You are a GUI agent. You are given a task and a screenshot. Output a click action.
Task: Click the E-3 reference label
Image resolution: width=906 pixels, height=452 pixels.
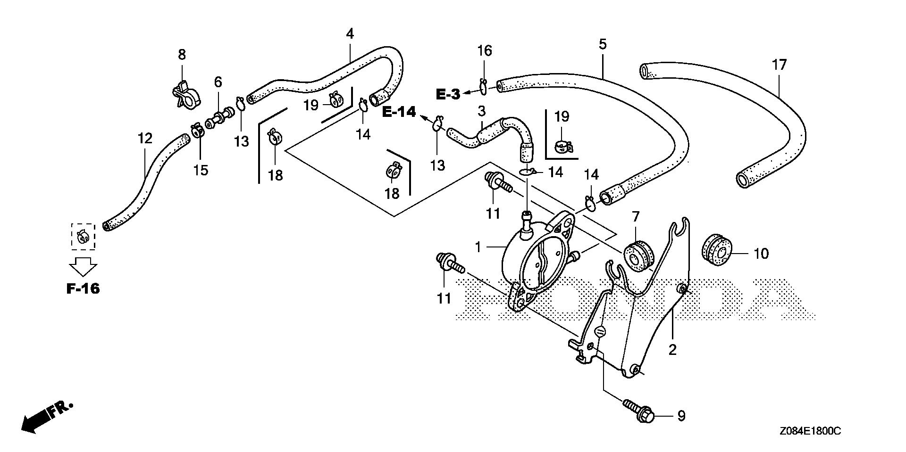(x=447, y=94)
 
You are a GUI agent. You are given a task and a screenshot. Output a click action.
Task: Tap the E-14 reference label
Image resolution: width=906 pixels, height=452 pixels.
(x=399, y=112)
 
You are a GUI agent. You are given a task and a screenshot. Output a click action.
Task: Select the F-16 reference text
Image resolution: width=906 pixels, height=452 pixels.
(x=83, y=288)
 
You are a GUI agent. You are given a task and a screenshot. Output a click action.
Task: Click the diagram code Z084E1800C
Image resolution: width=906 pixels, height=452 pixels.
(x=810, y=431)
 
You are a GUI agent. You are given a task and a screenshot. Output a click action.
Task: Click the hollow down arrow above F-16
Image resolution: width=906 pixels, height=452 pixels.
(x=83, y=266)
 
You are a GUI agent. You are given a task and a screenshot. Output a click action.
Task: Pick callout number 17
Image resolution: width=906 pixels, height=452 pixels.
(x=780, y=65)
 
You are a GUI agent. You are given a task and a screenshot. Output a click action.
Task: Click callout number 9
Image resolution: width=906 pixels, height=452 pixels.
(x=680, y=416)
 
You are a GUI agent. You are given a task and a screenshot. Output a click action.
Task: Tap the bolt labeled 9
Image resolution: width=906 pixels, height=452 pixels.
(x=639, y=409)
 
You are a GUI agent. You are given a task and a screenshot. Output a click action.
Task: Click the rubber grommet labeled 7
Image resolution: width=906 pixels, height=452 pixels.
(x=639, y=256)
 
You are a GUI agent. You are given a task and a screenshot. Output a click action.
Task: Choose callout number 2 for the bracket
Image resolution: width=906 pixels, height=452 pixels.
(x=672, y=349)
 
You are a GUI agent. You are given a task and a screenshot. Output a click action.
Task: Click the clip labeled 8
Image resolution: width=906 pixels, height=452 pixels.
(x=184, y=92)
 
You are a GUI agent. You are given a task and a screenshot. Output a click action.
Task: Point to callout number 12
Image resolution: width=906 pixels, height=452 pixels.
(x=145, y=139)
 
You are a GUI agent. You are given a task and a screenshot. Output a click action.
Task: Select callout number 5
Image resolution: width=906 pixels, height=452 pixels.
(x=603, y=45)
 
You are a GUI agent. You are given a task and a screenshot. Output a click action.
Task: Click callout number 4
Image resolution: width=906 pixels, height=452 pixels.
(x=350, y=34)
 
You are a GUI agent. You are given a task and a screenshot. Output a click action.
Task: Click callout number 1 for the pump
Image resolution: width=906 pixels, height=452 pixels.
(x=478, y=247)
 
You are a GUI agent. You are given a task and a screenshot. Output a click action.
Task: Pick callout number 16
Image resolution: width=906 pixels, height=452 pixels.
(x=485, y=50)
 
